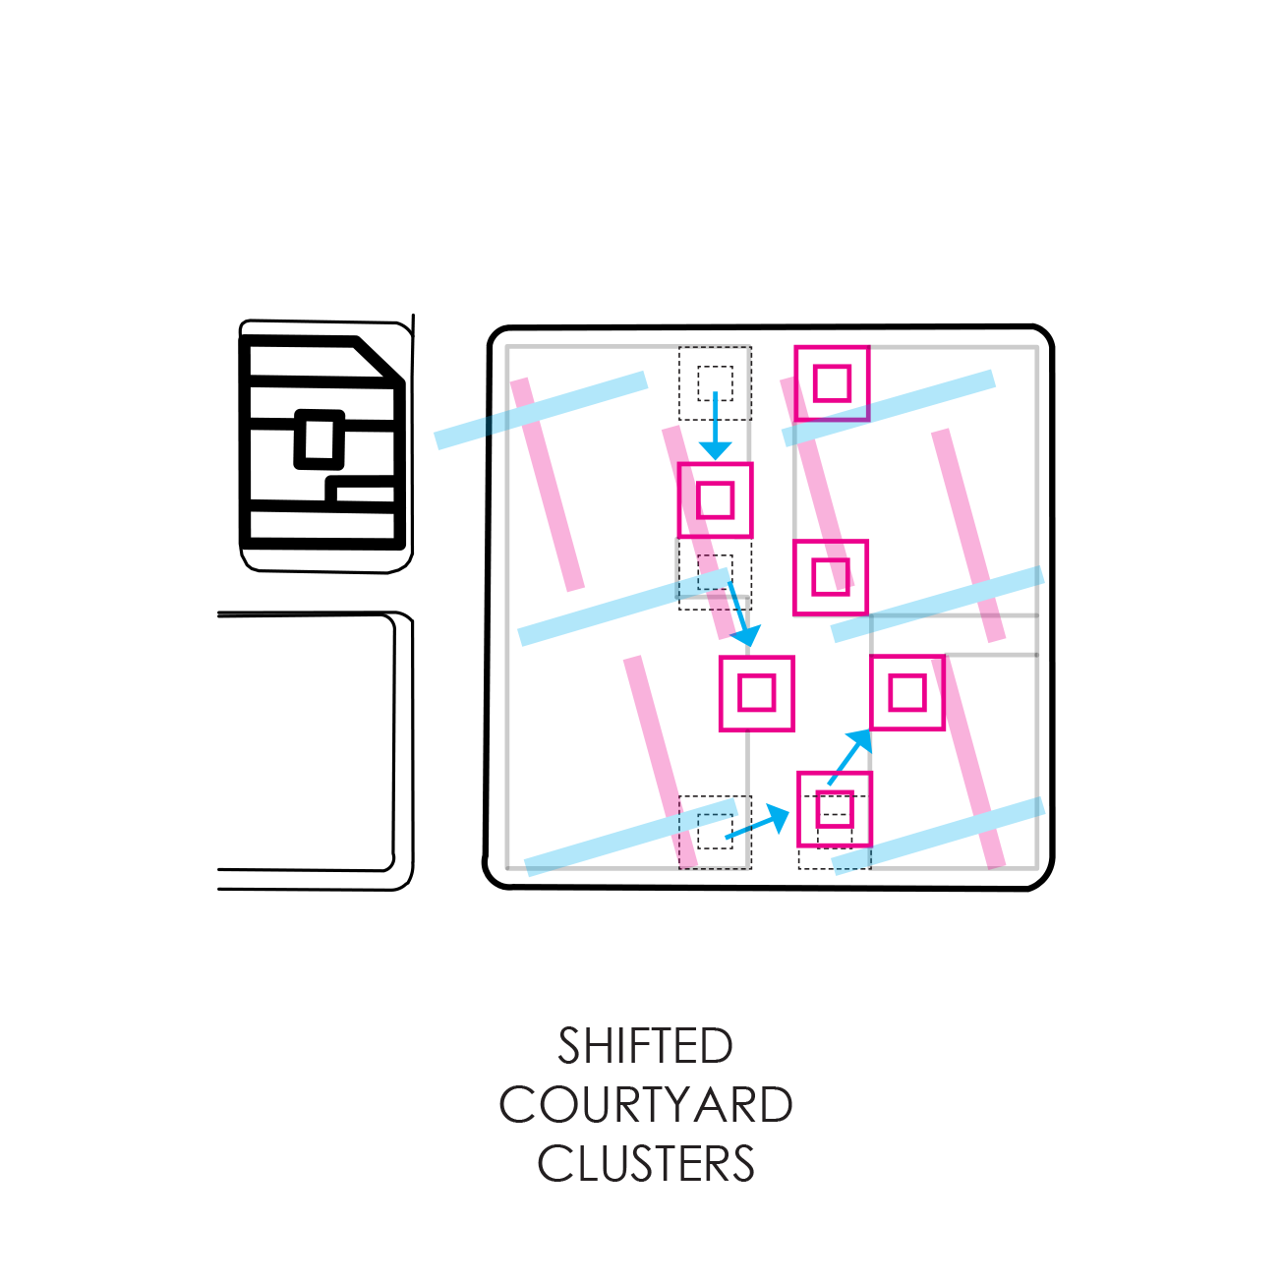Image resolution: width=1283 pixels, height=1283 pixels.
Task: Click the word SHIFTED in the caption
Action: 645,1046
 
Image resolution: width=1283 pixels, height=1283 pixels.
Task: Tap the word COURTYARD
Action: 645,1105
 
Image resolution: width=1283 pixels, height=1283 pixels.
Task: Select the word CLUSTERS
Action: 645,1164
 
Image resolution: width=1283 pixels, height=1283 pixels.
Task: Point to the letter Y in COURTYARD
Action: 677,1105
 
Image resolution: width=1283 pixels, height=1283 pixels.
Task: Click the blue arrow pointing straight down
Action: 715,423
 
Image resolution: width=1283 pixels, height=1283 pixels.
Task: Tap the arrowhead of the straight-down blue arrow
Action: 715,449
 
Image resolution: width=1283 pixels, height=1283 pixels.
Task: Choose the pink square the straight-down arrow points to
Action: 715,499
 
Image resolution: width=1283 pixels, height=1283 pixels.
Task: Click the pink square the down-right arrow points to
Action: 756,693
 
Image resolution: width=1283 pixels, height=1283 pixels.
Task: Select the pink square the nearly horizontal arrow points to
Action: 834,809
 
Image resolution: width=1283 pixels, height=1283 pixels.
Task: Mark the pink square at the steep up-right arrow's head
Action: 906,693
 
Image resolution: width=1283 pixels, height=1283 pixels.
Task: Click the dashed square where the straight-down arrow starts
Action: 715,382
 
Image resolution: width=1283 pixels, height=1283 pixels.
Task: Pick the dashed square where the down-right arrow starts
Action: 715,575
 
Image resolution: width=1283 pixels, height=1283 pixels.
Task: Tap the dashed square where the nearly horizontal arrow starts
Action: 715,832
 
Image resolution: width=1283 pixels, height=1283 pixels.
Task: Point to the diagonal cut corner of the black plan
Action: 378,360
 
